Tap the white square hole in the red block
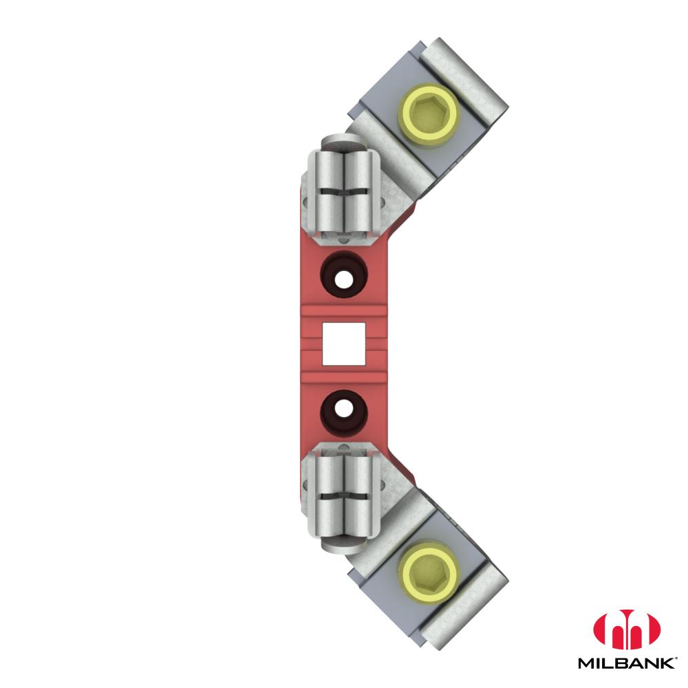coord(344,343)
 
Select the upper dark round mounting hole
coord(344,275)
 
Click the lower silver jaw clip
coord(343,495)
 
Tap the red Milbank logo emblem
coord(627,630)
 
